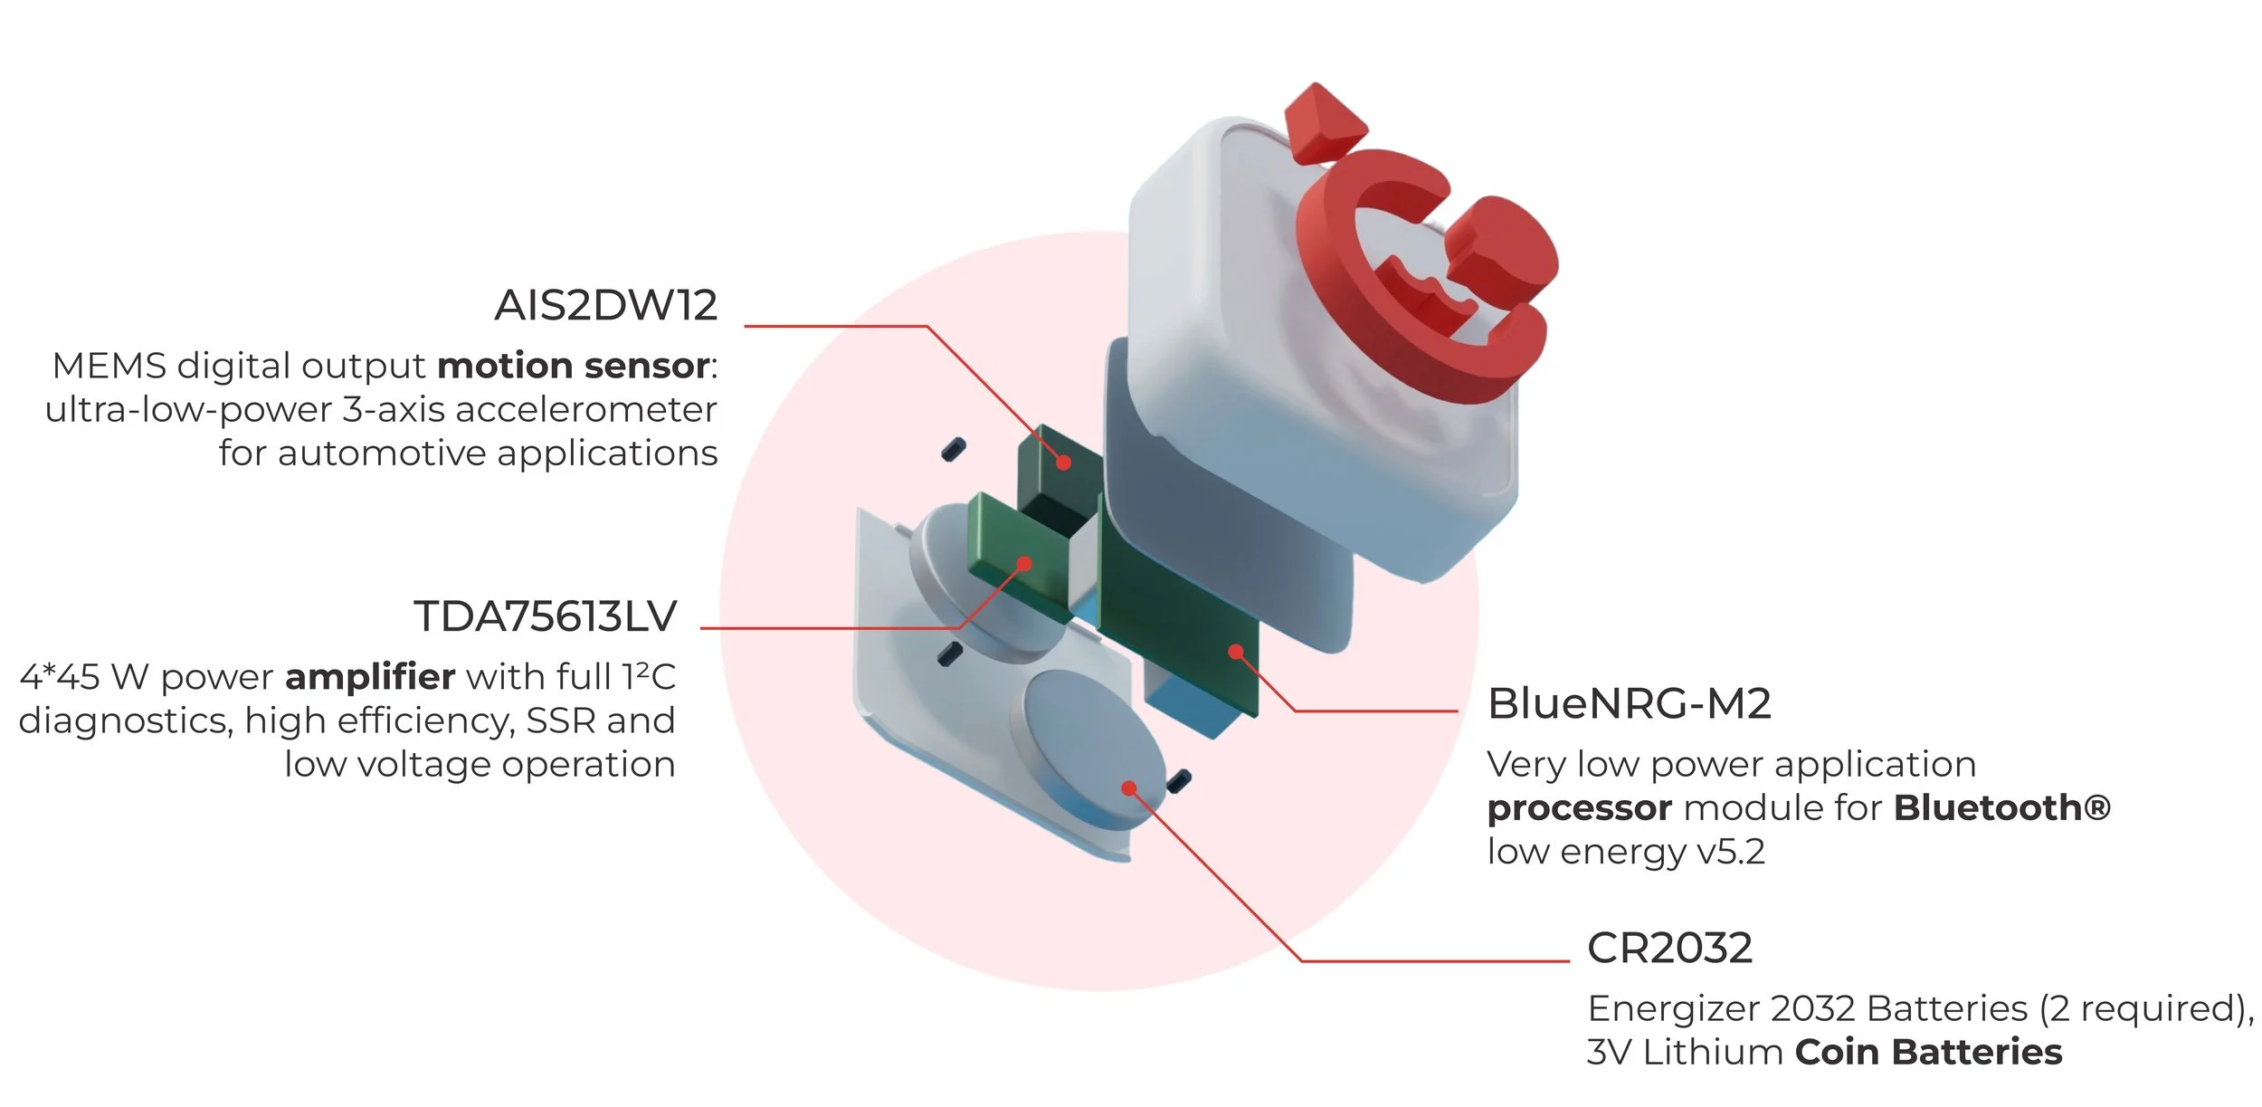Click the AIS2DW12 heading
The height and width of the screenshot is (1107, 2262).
click(x=605, y=306)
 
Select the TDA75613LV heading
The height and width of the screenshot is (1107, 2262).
click(x=545, y=617)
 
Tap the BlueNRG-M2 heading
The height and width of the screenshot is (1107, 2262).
click(x=1629, y=704)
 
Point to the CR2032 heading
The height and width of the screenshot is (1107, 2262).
click(x=1669, y=949)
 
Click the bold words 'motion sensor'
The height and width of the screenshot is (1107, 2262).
click(x=574, y=367)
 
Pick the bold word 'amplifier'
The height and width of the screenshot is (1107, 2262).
click(x=370, y=677)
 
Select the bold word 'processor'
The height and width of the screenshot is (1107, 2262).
click(x=1579, y=808)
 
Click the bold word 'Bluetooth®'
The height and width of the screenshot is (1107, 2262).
click(x=2001, y=808)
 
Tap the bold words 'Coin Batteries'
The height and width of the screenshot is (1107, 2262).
click(x=1928, y=1053)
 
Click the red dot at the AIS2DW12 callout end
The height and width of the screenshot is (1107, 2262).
click(x=1064, y=463)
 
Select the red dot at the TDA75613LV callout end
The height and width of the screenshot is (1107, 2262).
click(x=1024, y=564)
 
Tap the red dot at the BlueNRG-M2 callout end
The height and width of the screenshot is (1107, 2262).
click(x=1236, y=651)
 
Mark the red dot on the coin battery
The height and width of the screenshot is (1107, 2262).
click(x=1128, y=788)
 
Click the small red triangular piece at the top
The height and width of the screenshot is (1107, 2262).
click(x=1323, y=122)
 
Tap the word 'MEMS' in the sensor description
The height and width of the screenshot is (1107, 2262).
click(x=109, y=367)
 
